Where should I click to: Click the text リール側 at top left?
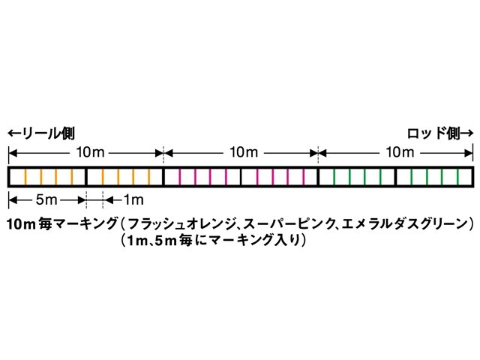[49, 133]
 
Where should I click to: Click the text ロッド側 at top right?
[433, 133]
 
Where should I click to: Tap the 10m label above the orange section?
[90, 152]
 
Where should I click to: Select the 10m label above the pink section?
[244, 152]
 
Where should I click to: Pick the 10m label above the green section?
[400, 152]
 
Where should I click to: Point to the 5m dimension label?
[46, 200]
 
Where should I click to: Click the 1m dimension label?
[133, 200]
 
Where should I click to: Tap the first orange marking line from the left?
[25, 177]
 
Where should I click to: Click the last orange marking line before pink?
[149, 177]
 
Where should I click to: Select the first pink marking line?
[180, 177]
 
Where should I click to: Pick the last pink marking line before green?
[304, 177]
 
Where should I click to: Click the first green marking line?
[334, 177]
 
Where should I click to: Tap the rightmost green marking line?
[457, 177]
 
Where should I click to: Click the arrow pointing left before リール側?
[15, 133]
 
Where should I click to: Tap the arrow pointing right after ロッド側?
[466, 133]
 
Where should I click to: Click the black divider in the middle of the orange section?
[86, 177]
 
